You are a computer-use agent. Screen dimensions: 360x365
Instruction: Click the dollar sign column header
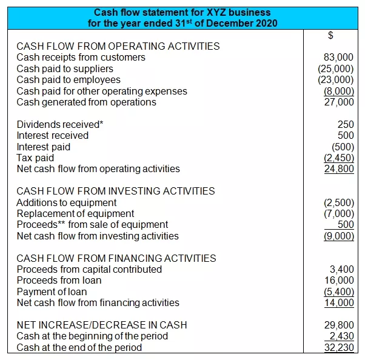coord(330,35)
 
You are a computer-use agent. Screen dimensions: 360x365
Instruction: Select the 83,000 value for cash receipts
coord(340,58)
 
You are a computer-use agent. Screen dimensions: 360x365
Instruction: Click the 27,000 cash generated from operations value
coord(340,102)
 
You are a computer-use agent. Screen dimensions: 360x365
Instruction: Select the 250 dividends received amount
coord(346,124)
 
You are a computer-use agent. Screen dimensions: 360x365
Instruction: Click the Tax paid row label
coord(35,158)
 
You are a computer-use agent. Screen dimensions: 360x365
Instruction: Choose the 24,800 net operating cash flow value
coord(340,169)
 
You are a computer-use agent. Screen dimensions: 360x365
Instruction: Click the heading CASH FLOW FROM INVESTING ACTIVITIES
coord(115,191)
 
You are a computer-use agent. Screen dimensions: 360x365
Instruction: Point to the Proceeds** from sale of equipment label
coord(92,224)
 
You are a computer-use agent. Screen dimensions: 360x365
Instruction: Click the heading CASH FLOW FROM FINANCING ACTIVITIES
coord(116,258)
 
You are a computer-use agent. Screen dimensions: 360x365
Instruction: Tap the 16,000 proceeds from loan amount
coord(340,280)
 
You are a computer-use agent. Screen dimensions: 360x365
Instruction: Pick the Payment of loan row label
coord(52,292)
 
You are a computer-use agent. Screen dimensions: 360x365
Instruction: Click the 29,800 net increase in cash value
coord(340,325)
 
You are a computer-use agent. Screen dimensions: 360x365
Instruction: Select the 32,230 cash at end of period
coord(340,347)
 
